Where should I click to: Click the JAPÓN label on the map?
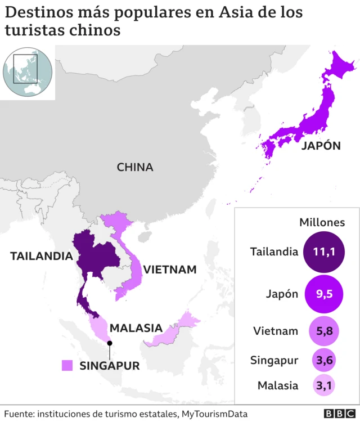point(321,146)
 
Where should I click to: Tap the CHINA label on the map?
point(135,167)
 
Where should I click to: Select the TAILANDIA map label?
point(41,256)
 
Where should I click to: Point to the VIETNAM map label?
point(170,270)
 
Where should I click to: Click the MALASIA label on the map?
point(136,327)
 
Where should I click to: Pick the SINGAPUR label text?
point(109,365)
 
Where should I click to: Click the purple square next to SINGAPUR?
point(67,365)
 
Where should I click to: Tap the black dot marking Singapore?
point(110,343)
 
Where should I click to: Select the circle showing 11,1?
point(323,252)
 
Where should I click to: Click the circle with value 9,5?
point(323,293)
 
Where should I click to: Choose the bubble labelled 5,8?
point(324,331)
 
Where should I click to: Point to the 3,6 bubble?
point(324,360)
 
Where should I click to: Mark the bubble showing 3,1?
point(324,386)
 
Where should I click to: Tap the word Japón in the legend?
point(281,293)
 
